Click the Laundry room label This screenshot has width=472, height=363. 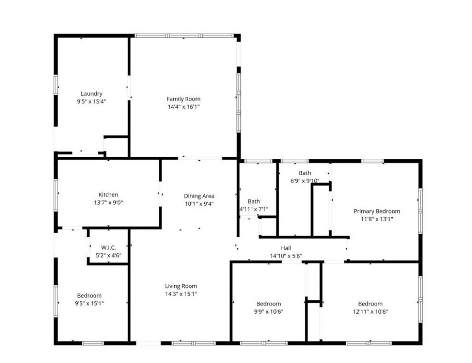(91, 94)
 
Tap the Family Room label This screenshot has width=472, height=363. (183, 99)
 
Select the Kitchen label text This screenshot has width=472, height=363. (108, 194)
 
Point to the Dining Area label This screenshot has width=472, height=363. (199, 196)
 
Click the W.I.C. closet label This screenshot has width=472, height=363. (108, 247)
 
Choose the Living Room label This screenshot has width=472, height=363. (181, 286)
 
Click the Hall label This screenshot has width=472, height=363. (286, 248)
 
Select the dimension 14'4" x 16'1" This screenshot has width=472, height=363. (183, 107)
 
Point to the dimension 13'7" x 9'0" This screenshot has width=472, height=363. (108, 202)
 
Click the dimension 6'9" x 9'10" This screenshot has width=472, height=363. (305, 181)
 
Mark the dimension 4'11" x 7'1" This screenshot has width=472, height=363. (254, 209)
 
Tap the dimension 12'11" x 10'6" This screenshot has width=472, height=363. (370, 311)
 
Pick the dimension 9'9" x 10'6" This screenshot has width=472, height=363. (269, 311)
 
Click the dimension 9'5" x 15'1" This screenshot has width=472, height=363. (89, 303)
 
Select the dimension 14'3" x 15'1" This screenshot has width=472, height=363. (181, 294)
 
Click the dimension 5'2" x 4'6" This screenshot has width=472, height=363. (108, 255)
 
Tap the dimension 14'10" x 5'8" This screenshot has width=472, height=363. (286, 256)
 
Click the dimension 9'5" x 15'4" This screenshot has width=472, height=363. (91, 102)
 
